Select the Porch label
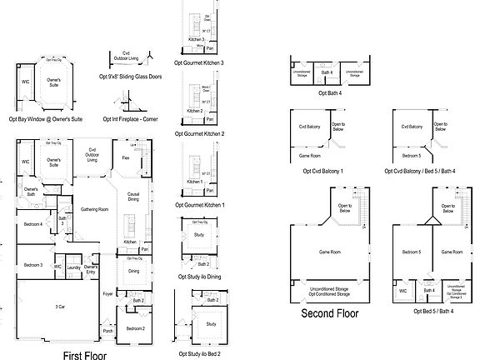[x=108, y=330]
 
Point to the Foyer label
[x=107, y=293]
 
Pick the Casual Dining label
[x=133, y=197]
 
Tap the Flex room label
[x=125, y=157]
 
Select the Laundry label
[x=74, y=267]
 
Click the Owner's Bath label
[x=31, y=192]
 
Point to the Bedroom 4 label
[x=32, y=224]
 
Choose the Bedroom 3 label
[x=33, y=264]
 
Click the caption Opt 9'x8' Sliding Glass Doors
[x=131, y=77]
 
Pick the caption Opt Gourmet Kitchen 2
[x=201, y=132]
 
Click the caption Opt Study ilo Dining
[x=201, y=276]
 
